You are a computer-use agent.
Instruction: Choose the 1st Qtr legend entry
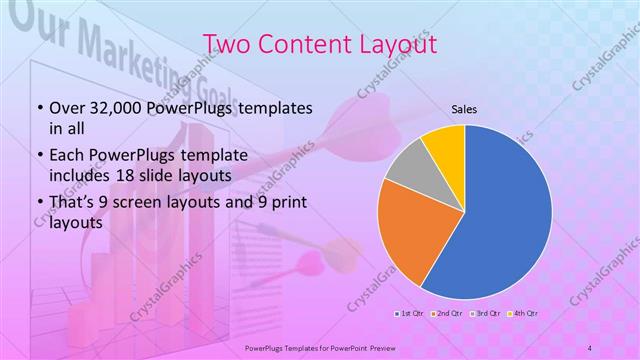tap(410, 315)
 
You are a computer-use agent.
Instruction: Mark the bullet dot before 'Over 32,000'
tap(38, 107)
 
